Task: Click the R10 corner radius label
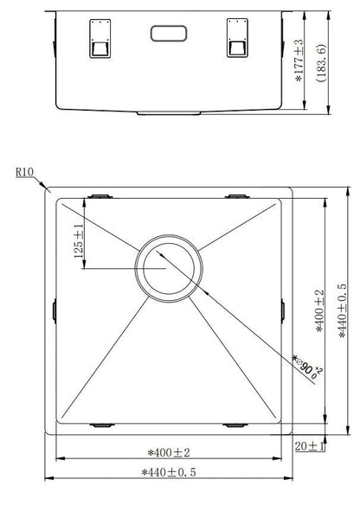pos(24,172)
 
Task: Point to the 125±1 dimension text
pos(79,242)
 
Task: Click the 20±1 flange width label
pos(309,446)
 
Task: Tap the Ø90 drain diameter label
pos(302,367)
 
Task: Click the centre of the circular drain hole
pos(168,266)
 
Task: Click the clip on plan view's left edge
pos(54,309)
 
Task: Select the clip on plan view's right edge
pos(285,309)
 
